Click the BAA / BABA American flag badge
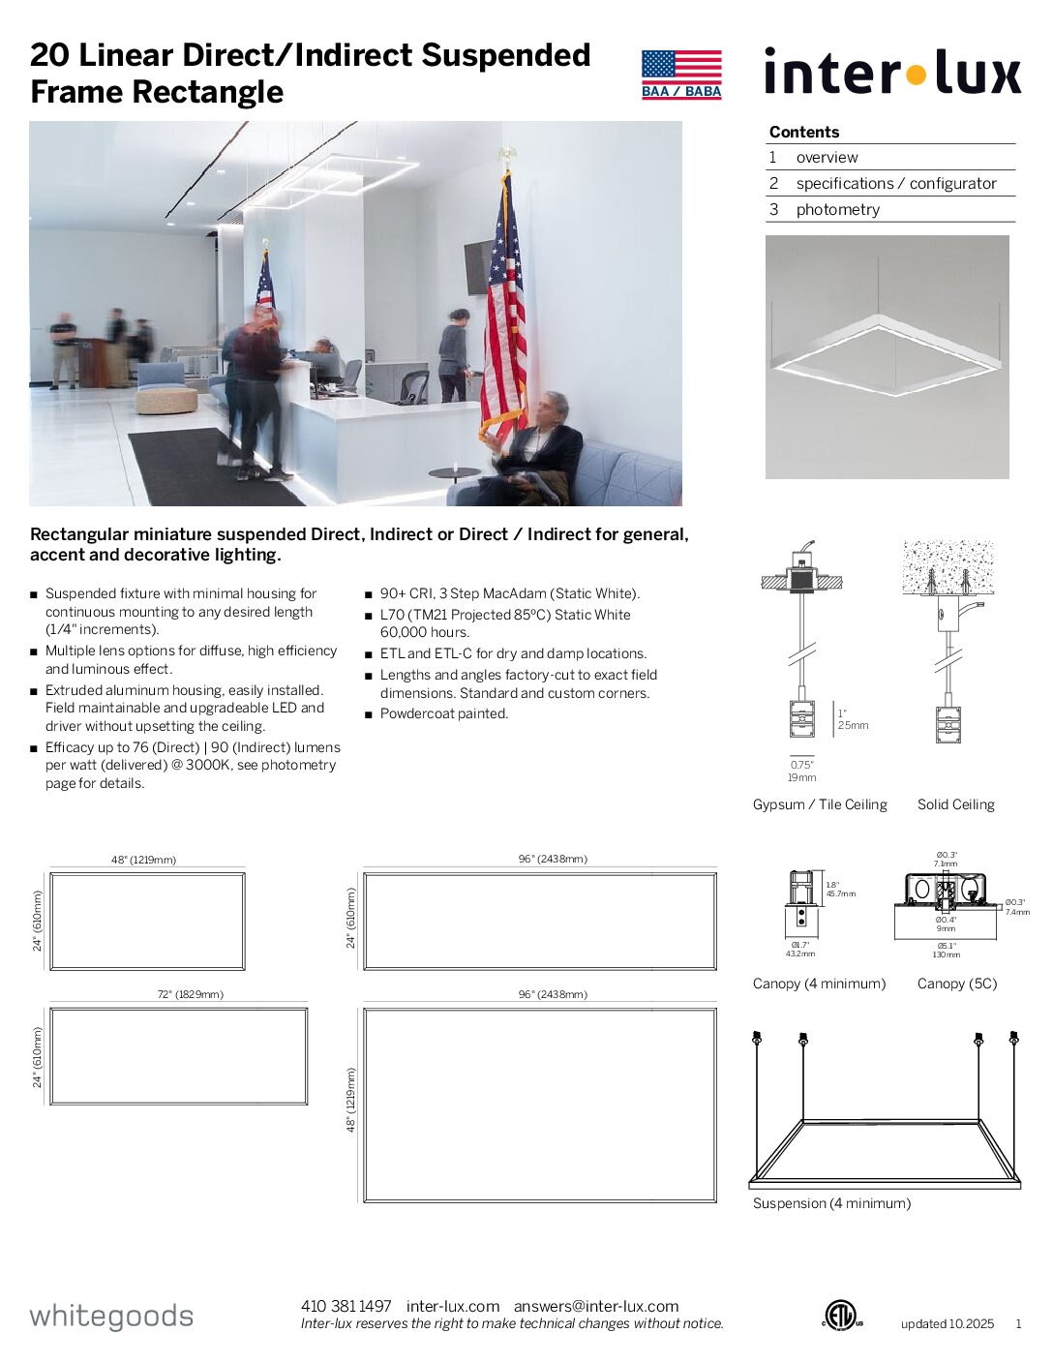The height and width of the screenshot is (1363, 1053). coord(681,75)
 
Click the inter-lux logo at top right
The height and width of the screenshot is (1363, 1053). coord(891,73)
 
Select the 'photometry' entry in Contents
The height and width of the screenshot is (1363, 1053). coord(837,210)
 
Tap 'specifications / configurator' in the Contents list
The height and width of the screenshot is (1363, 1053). coord(895,184)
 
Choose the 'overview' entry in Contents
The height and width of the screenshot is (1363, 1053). coord(827,158)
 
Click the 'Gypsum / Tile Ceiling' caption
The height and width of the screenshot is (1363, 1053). coord(820,804)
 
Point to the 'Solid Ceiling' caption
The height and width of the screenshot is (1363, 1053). coord(955,804)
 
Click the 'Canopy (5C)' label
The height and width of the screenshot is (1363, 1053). coord(956,984)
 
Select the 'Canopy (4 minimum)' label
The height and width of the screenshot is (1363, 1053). coord(819,984)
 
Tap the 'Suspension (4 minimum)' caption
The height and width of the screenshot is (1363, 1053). coord(831,1203)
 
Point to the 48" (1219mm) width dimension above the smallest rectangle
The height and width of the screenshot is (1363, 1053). coord(143,860)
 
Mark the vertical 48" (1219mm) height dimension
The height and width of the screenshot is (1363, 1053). coord(351,1100)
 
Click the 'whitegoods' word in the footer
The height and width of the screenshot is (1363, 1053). coord(111,1317)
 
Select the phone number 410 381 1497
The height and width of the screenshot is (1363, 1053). coord(346,1307)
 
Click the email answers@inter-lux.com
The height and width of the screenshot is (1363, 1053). coord(596,1307)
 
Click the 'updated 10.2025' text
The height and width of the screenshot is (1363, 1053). coord(947,1324)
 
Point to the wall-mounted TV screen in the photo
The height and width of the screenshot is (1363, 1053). coord(478,266)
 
